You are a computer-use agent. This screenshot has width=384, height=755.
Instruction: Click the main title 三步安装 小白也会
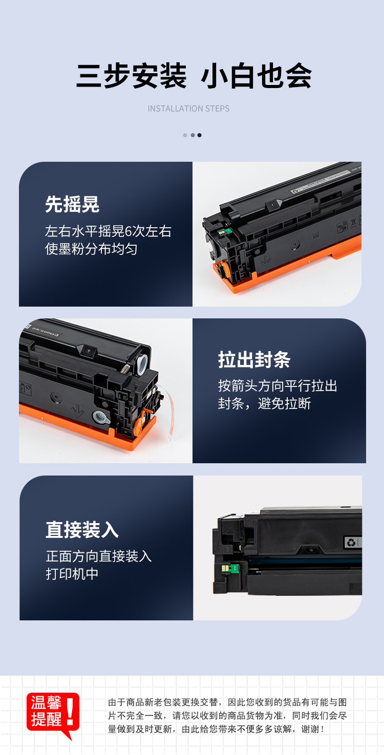(194, 76)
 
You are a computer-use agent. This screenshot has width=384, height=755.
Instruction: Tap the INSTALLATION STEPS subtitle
(188, 109)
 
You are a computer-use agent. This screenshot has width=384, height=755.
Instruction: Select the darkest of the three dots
(199, 135)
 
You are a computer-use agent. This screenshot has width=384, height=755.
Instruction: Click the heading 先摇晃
(72, 204)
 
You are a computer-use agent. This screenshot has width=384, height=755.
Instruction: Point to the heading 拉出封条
(254, 359)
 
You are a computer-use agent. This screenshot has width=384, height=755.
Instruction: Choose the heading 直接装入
(82, 529)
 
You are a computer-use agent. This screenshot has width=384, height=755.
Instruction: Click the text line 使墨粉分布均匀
(91, 249)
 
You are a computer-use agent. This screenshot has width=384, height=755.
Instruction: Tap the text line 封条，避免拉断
(264, 403)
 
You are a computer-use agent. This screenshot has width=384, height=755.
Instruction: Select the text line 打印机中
(72, 574)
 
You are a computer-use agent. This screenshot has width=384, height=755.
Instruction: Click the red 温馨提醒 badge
(53, 713)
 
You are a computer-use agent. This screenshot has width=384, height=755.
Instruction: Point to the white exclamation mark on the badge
(70, 711)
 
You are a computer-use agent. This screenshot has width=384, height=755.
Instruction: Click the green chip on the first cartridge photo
(228, 231)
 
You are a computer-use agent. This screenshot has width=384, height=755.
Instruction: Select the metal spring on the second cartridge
(125, 368)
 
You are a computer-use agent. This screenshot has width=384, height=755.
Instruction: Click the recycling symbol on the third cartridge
(351, 542)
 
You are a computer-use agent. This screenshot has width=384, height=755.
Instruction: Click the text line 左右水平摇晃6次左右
(108, 231)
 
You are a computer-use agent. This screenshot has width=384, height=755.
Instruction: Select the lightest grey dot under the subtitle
(185, 135)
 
